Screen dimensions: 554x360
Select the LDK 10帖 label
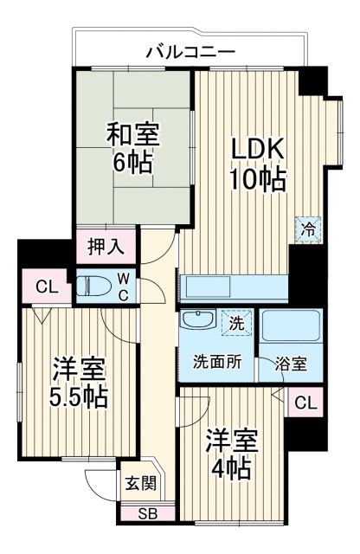[x=257, y=165]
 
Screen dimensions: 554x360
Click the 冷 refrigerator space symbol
[x=308, y=229]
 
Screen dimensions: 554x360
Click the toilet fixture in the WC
[x=93, y=286]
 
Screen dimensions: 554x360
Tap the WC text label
[x=124, y=287]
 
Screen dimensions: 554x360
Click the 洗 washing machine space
[x=235, y=325]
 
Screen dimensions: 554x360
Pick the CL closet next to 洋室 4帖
[x=305, y=403]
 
